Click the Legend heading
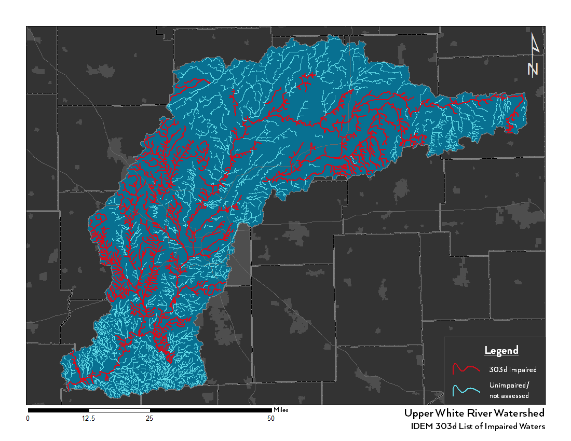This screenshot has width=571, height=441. pyautogui.click(x=501, y=351)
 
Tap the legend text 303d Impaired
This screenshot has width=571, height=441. pyautogui.click(x=512, y=370)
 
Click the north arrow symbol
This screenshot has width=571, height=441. pyautogui.click(x=534, y=54)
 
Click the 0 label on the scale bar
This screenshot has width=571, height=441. pyautogui.click(x=28, y=419)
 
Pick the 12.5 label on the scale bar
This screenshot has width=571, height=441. pyautogui.click(x=88, y=419)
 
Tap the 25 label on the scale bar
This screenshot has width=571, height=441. pyautogui.click(x=149, y=419)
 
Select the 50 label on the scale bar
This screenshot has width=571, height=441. pyautogui.click(x=271, y=419)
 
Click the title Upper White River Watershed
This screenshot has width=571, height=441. pyautogui.click(x=474, y=414)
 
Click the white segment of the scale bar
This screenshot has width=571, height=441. pyautogui.click(x=119, y=410)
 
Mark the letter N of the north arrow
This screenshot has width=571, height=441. pyautogui.click(x=533, y=69)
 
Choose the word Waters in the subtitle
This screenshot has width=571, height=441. pyautogui.click(x=532, y=426)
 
